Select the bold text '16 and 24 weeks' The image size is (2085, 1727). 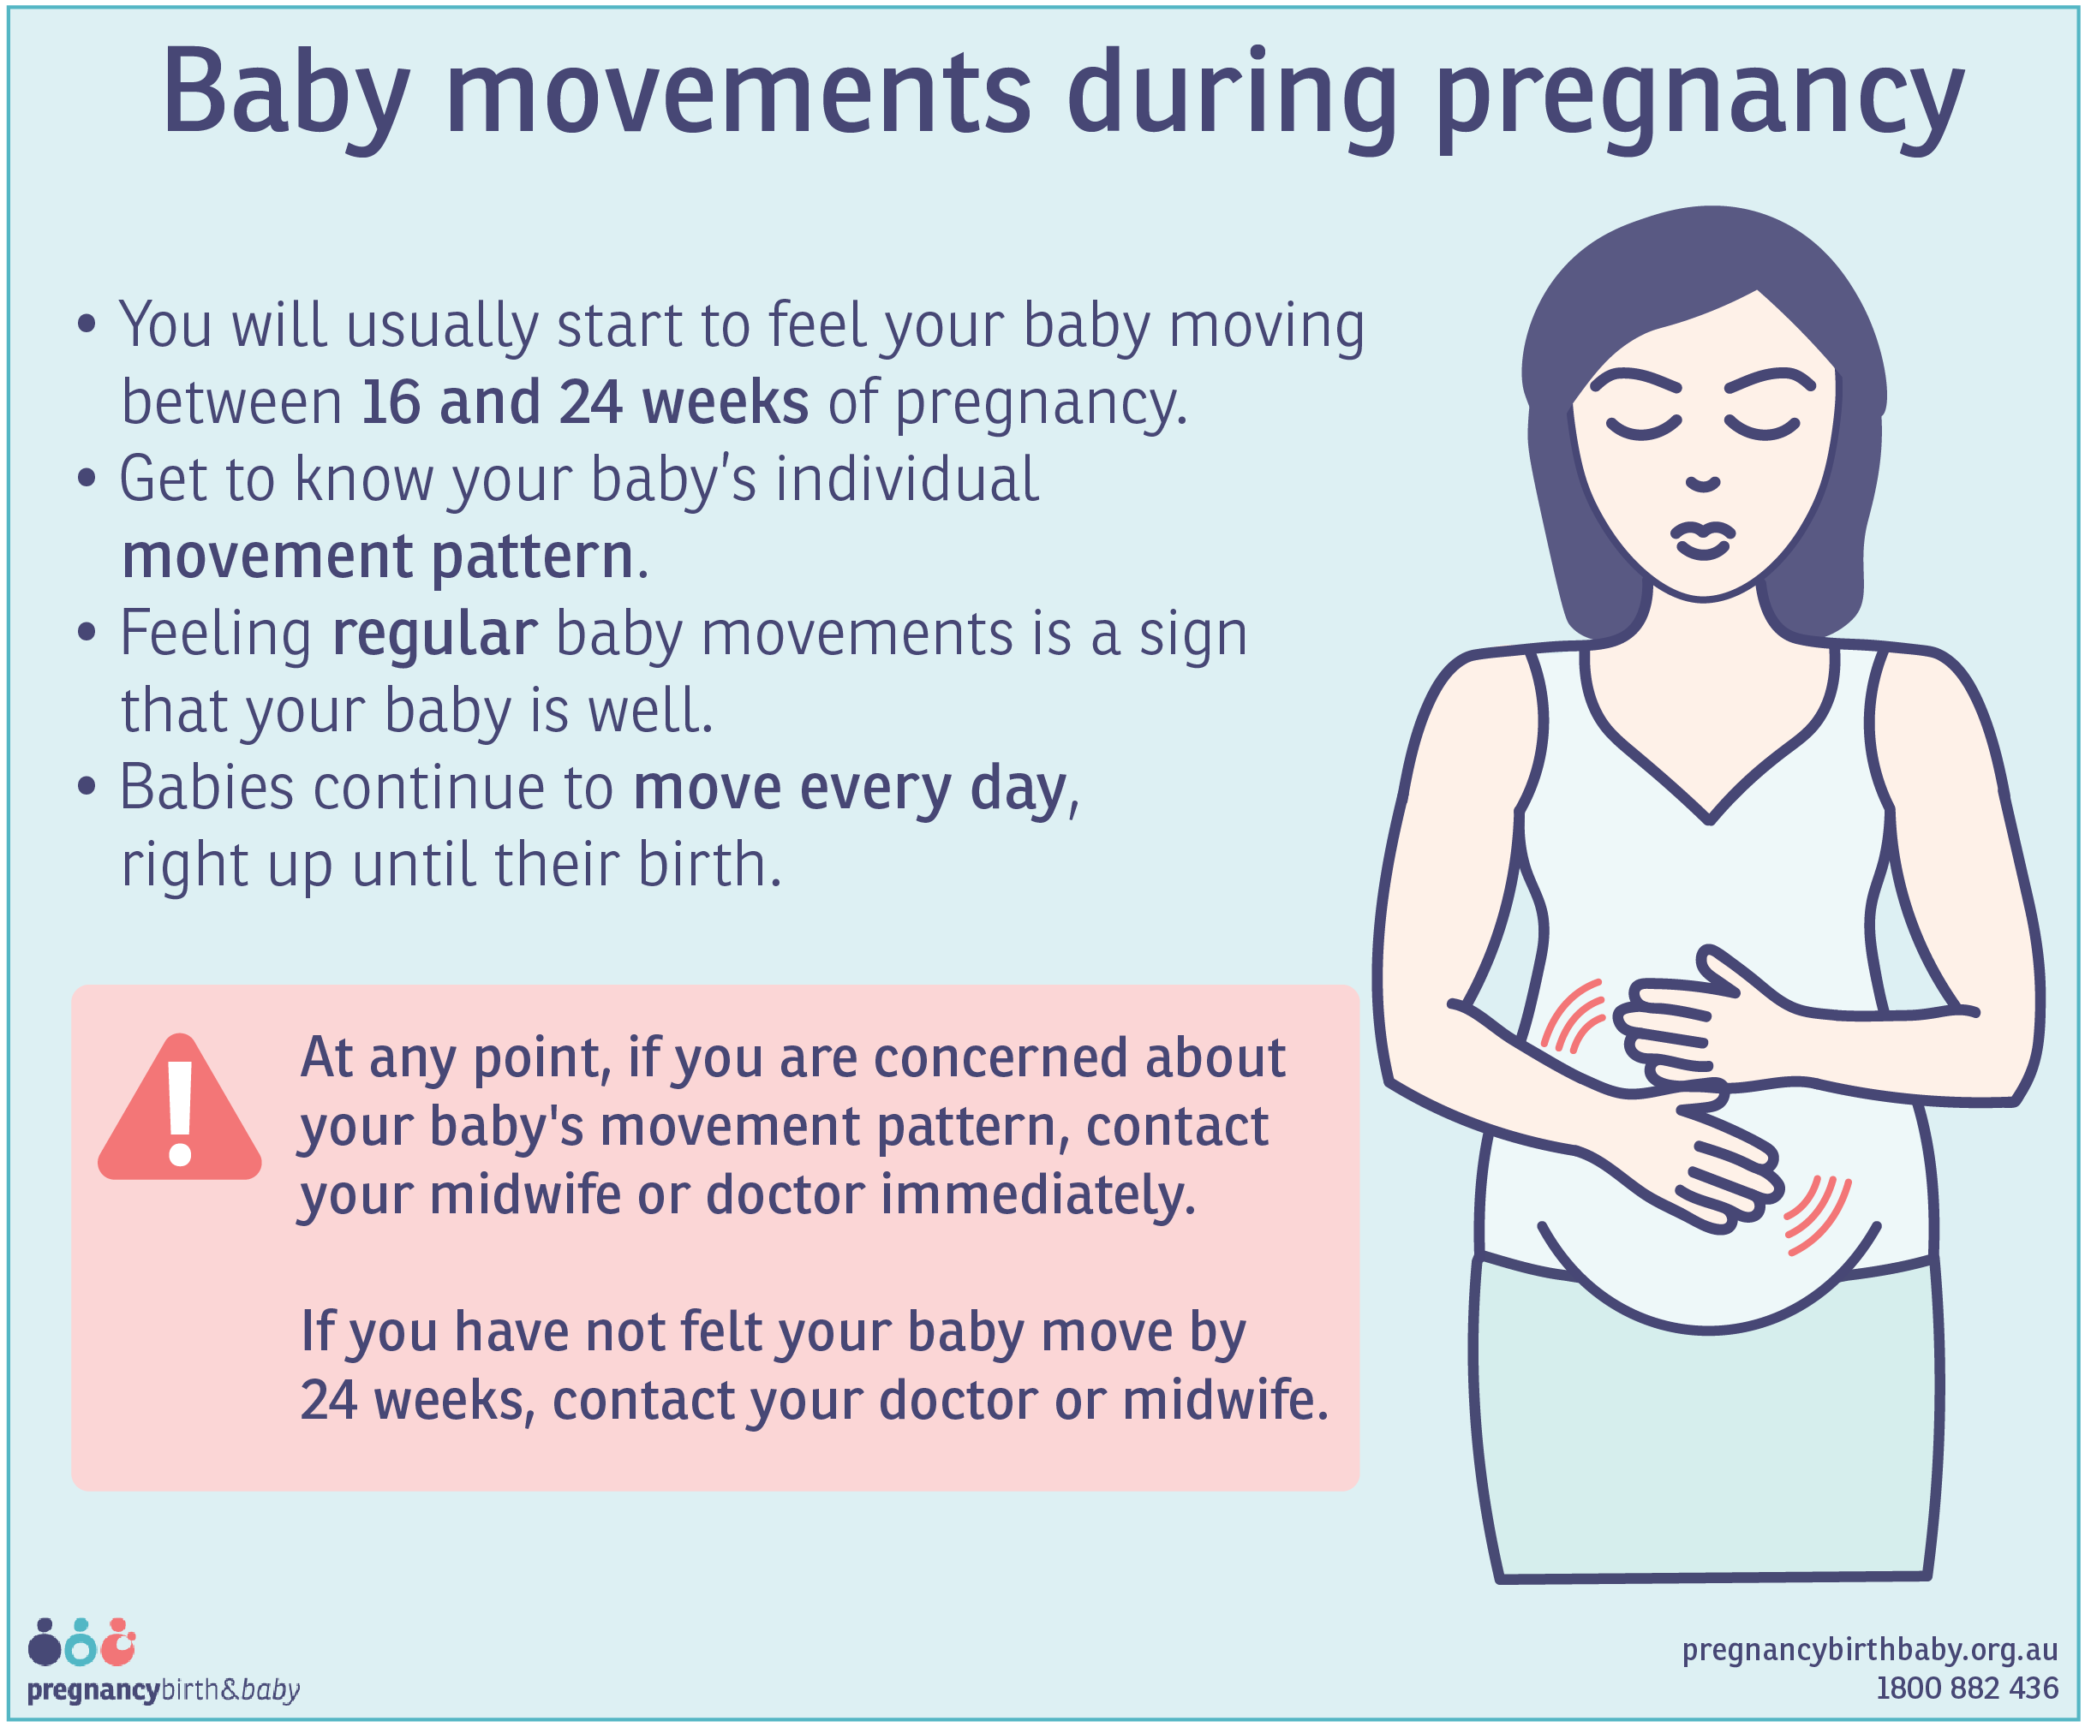pos(584,402)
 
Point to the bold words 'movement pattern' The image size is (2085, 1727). pos(377,556)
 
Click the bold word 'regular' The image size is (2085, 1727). pos(434,634)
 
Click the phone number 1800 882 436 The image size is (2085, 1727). pos(1966,1688)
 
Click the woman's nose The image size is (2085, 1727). pos(1703,484)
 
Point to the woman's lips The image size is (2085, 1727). pos(1703,540)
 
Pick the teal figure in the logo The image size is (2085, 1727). pos(81,1647)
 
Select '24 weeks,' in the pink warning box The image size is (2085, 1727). pos(418,1401)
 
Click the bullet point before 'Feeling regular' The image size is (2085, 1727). pos(87,632)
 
